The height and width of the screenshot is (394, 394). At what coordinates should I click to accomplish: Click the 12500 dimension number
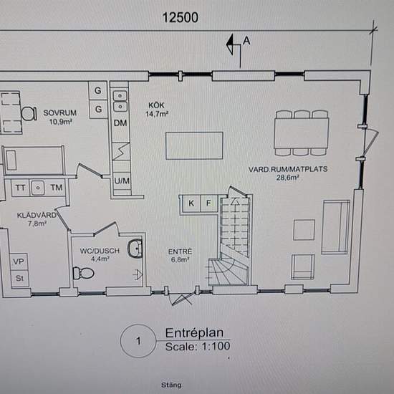coord(180,18)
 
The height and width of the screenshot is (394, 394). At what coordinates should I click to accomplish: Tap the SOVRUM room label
coord(59,112)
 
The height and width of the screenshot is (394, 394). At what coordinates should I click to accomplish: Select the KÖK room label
coord(156,105)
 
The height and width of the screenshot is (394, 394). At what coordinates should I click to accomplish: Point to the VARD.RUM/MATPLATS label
coord(288,169)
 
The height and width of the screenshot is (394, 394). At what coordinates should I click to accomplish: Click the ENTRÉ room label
coord(180,251)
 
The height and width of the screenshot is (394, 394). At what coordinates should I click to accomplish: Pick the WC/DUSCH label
coord(100,251)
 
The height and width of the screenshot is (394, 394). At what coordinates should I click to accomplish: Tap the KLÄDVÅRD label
coord(37,215)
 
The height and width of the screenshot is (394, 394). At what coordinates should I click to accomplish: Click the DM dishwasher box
coord(120,123)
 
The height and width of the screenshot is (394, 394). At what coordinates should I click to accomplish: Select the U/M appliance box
coord(122,181)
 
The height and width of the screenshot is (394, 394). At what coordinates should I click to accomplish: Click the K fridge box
coord(191,203)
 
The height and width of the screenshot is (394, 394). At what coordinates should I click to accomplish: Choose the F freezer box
coord(208,203)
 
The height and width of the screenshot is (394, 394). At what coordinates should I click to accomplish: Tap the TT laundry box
coord(20,188)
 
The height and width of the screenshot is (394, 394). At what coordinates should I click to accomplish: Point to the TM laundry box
coord(56,188)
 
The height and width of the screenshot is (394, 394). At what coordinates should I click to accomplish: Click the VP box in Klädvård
coord(19,261)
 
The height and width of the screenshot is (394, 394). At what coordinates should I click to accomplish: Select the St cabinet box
coord(19,279)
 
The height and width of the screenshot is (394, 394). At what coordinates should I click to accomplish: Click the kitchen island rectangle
coord(194,145)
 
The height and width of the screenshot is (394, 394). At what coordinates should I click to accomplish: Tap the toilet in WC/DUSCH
coord(83,273)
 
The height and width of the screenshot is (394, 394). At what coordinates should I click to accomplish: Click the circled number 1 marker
coord(138,341)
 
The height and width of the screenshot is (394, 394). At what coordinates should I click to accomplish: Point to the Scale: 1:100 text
coord(198,347)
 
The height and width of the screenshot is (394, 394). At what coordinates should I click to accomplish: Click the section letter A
coord(246,40)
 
